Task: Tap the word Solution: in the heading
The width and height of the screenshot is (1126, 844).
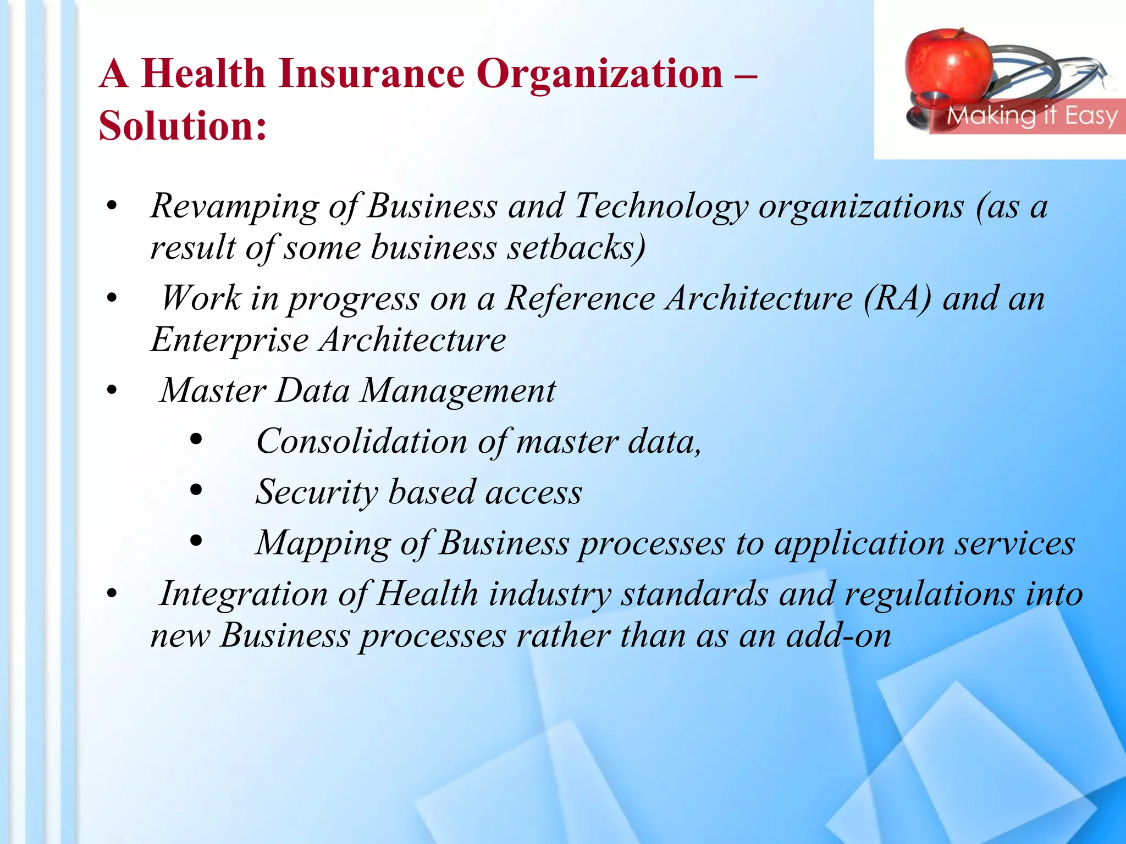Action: (183, 126)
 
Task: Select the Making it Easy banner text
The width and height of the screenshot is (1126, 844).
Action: (1031, 116)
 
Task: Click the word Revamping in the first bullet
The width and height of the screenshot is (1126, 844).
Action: (234, 207)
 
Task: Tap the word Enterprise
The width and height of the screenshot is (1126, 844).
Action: (229, 340)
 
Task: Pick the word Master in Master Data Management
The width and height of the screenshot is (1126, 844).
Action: (213, 391)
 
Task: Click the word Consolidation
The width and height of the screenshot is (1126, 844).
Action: (361, 441)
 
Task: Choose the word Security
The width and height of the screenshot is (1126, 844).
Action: (317, 492)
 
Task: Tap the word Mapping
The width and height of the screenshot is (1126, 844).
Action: (323, 543)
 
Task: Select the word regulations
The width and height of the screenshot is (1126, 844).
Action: (929, 594)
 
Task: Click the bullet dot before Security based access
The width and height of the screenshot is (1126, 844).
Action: (196, 490)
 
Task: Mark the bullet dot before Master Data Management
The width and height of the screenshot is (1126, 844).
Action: (112, 391)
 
